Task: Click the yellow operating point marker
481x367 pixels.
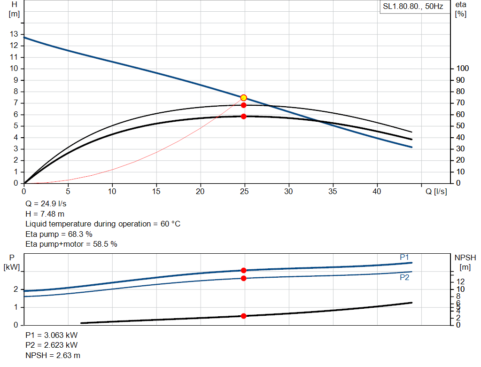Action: click(243, 98)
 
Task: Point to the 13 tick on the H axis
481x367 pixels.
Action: click(14, 34)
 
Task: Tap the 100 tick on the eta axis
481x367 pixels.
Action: click(462, 69)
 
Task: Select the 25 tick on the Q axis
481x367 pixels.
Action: click(244, 191)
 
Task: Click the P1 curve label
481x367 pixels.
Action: click(404, 257)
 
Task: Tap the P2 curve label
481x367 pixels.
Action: click(404, 277)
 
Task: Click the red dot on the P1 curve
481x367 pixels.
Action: click(243, 270)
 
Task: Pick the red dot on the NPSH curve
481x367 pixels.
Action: click(243, 316)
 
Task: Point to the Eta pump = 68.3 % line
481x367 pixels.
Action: click(59, 234)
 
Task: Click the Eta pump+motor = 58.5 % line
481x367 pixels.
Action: click(71, 244)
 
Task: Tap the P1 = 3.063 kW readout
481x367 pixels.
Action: click(52, 336)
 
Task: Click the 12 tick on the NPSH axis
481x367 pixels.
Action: click(461, 281)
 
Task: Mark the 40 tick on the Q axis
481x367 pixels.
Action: click(377, 191)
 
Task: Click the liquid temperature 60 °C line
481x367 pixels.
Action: click(102, 224)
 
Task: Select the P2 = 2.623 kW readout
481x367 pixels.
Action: click(52, 345)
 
